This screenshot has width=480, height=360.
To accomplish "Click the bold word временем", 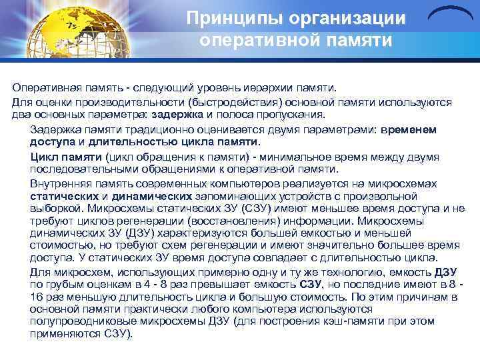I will coord(408,129).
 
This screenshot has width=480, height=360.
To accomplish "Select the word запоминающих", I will coord(236,196).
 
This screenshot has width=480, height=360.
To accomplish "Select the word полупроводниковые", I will coord(77,322).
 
